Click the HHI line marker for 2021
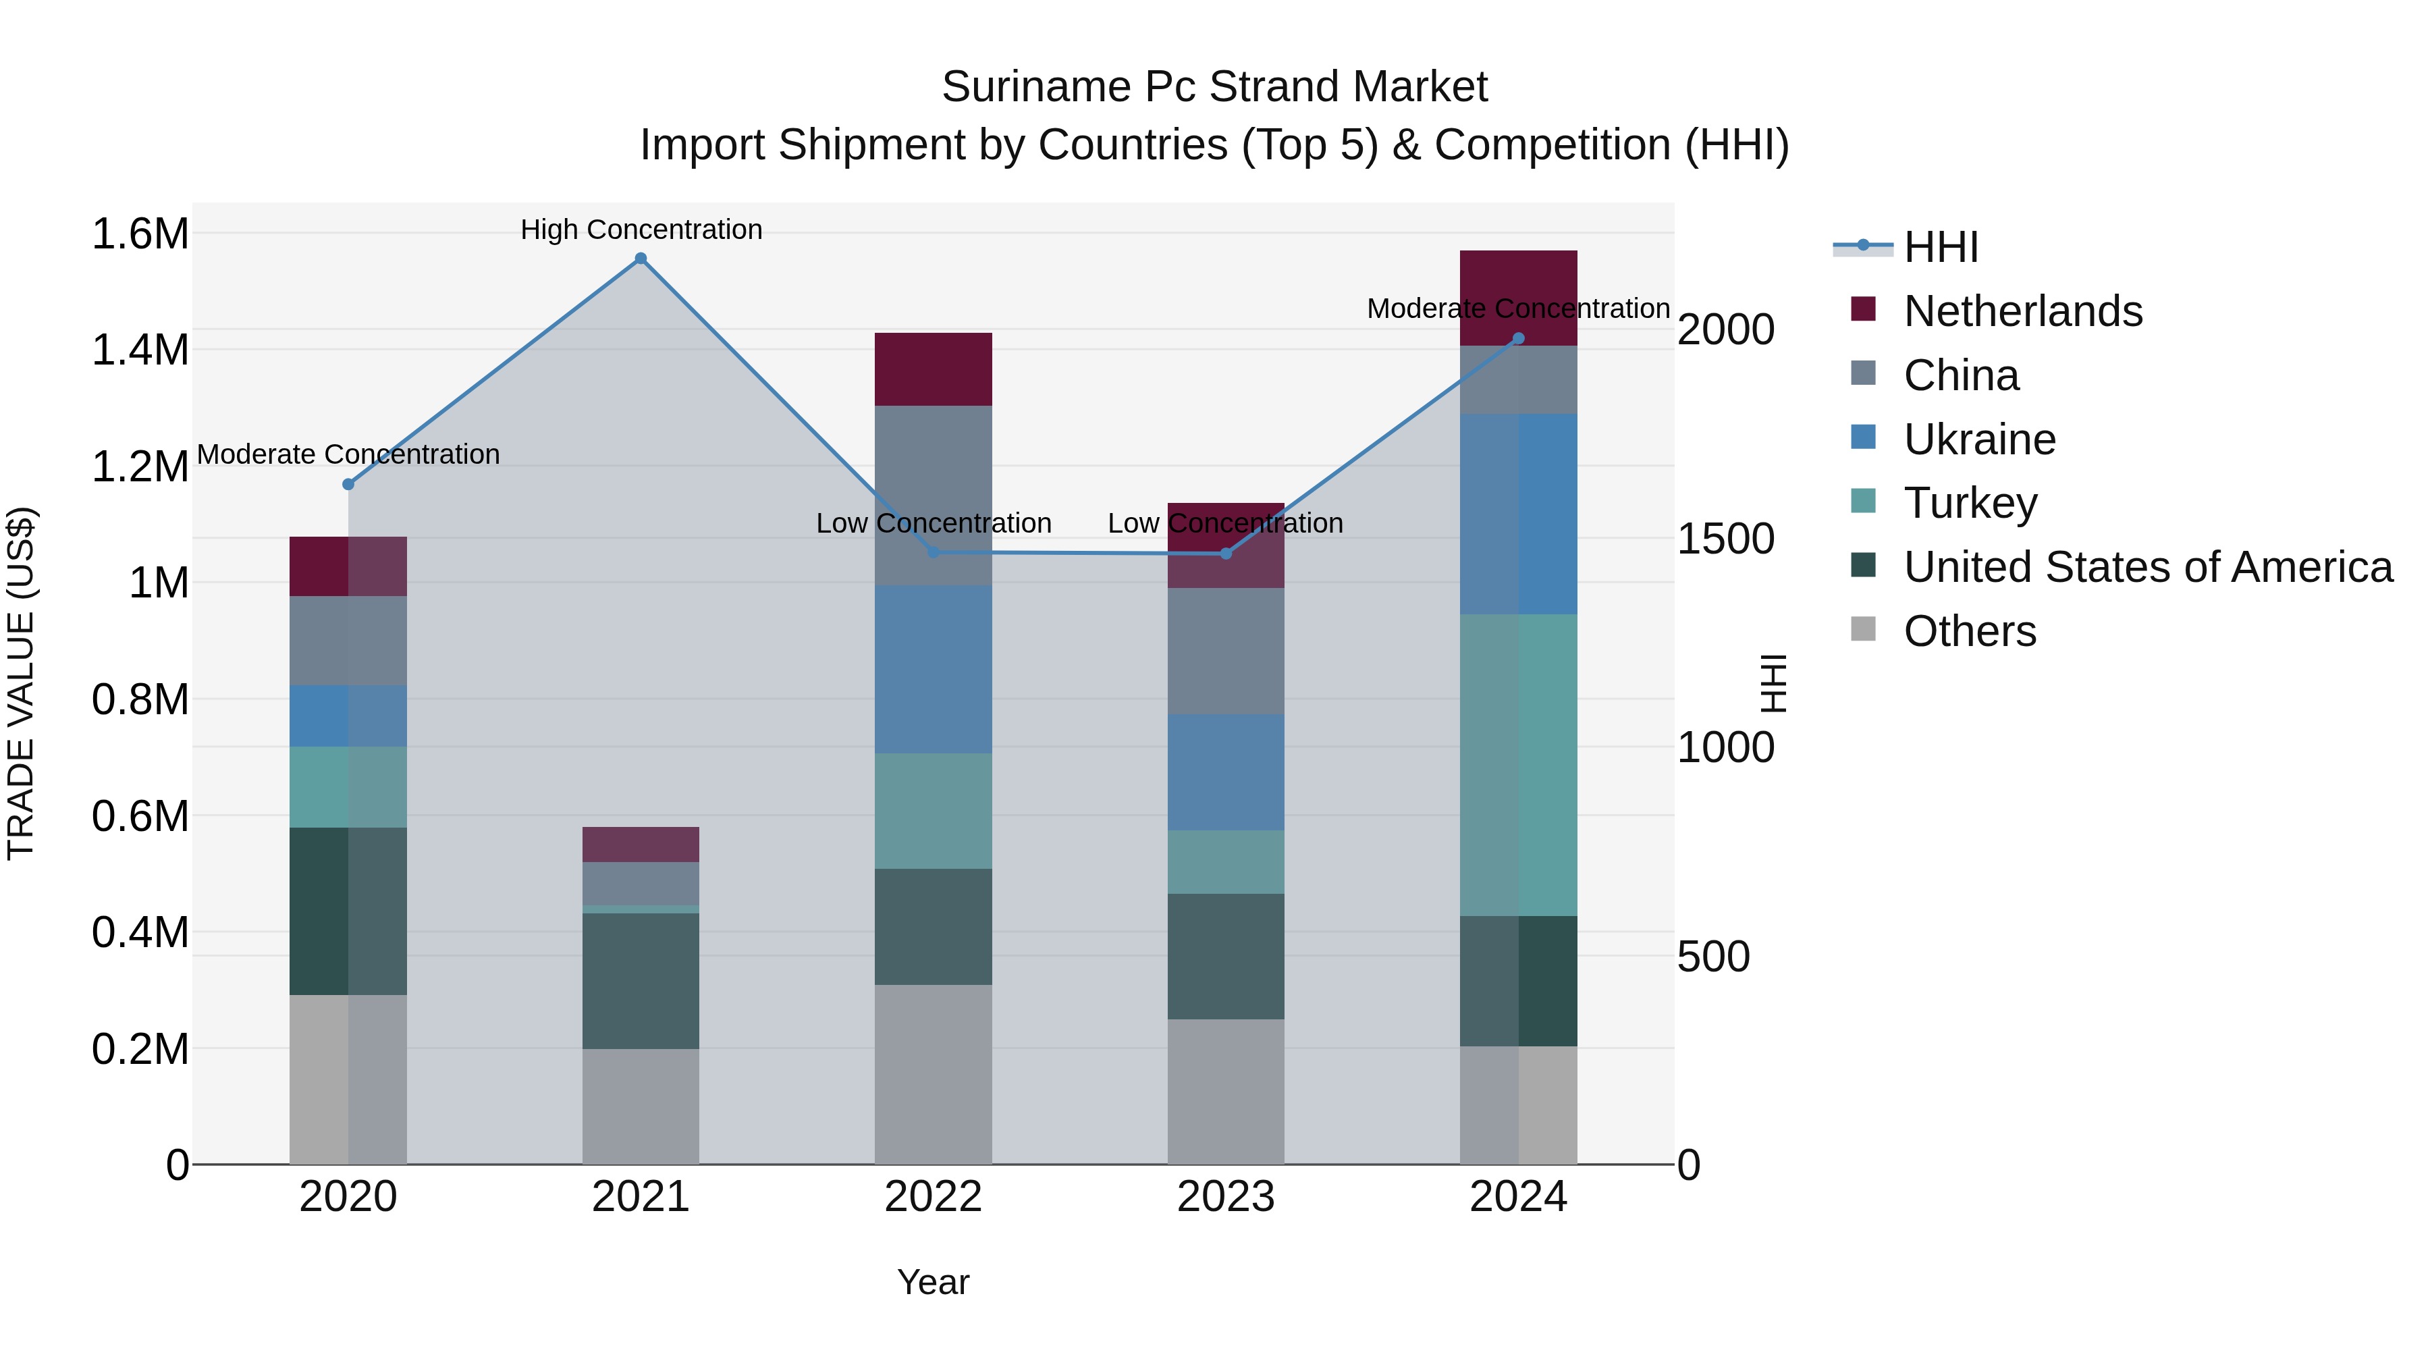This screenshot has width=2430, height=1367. point(641,259)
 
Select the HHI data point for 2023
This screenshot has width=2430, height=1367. point(1225,554)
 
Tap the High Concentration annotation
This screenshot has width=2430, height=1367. point(641,230)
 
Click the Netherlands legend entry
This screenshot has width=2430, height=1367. point(2022,311)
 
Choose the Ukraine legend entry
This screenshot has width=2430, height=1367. point(1979,439)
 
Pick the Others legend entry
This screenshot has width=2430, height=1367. point(1970,631)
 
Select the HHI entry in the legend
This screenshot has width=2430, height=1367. point(1941,247)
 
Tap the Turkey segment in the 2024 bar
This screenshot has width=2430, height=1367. point(1518,764)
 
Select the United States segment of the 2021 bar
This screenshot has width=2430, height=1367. point(641,980)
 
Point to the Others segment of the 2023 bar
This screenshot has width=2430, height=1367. point(1225,1091)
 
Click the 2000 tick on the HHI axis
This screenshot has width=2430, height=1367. point(1725,329)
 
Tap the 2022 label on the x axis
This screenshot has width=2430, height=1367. point(933,1197)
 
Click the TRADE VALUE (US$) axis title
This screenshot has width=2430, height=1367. point(21,683)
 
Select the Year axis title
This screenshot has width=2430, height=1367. point(933,1282)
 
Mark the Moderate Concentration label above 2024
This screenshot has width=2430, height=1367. point(1518,309)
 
